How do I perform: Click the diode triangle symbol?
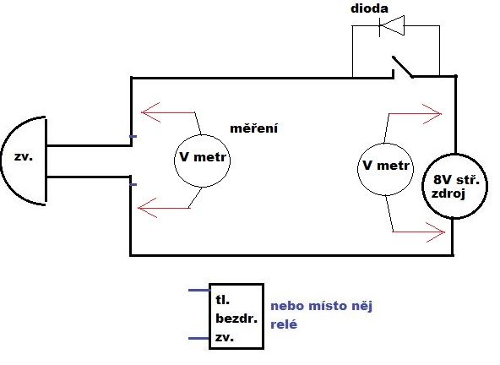[x=392, y=25]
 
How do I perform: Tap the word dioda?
[x=369, y=8]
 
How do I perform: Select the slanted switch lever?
[x=402, y=67]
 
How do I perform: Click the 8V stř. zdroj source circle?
[x=455, y=187]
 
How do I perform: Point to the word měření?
[x=254, y=128]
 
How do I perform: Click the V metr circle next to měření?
[x=202, y=161]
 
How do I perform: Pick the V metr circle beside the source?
[x=385, y=169]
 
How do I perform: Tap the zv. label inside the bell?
[x=24, y=156]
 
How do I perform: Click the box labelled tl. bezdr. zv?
[x=236, y=316]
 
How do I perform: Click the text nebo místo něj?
[x=322, y=307]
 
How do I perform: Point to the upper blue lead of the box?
[x=199, y=290]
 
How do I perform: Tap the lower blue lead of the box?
[x=199, y=338]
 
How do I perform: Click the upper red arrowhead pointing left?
[x=149, y=112]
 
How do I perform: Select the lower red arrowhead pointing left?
[x=147, y=208]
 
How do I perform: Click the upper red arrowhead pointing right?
[x=432, y=113]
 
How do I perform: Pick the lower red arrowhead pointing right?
[x=436, y=232]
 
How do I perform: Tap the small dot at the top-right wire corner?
[x=456, y=76]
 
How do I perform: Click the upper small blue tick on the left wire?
[x=133, y=137]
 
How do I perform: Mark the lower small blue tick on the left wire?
[x=133, y=184]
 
